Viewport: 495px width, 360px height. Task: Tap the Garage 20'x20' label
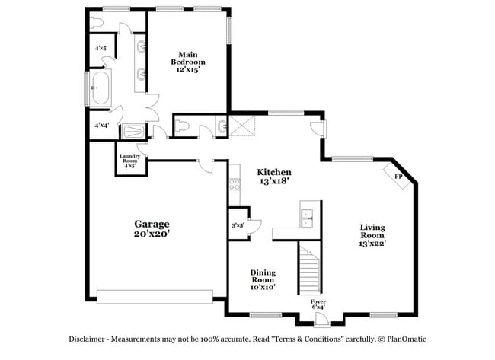tap(152, 228)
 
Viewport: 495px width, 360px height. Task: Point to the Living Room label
tap(372, 234)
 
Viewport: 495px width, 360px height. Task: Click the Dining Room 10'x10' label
tap(263, 279)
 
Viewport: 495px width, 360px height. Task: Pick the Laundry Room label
tap(129, 161)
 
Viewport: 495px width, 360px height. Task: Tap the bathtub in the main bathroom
tap(100, 88)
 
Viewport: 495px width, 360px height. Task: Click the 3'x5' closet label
tap(238, 225)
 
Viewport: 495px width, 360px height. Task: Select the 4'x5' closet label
tap(100, 48)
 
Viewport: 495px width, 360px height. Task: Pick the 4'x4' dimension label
tap(100, 125)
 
